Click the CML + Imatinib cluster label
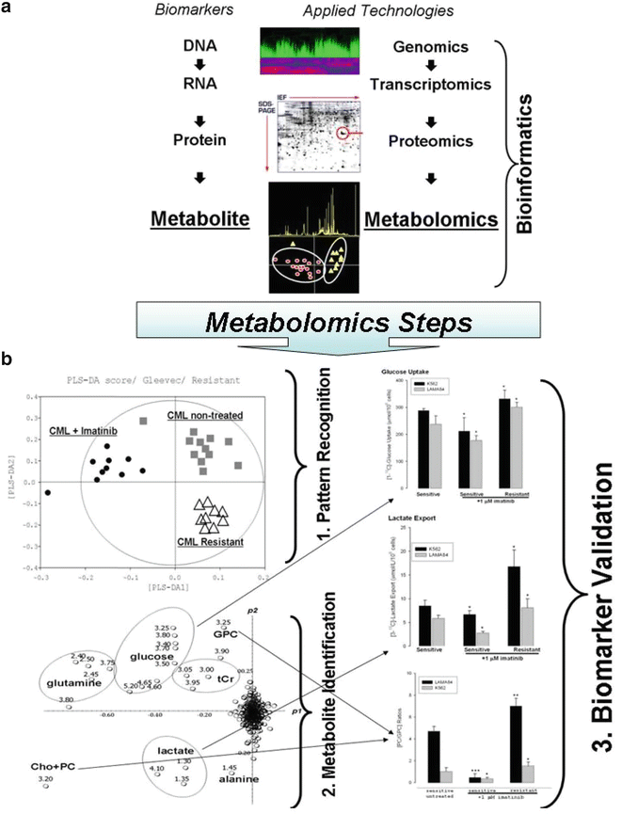coord(89,433)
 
